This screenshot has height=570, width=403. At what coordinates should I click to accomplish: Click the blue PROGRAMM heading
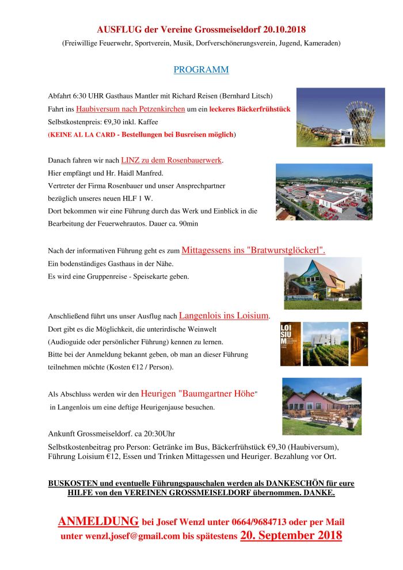point(201,70)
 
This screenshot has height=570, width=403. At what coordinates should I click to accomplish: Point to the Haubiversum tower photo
point(340,117)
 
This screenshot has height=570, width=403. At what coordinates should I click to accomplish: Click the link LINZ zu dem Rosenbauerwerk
point(171,160)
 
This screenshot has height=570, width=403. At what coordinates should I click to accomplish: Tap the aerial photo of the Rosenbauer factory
point(324,192)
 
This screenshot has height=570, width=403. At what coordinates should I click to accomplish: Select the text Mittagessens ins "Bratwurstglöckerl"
point(253,250)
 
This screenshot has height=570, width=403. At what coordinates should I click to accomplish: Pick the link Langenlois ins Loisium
point(224,316)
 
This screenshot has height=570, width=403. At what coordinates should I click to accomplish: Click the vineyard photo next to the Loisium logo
point(326,344)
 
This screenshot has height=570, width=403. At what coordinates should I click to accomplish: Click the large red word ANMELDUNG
point(98,522)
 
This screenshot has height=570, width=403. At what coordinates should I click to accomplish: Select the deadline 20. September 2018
point(291,535)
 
